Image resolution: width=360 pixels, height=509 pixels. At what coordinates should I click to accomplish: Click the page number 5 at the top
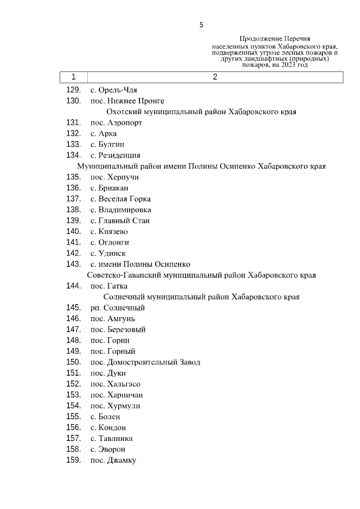pos(201,25)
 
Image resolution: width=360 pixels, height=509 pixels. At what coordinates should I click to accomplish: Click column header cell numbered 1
pos(74,77)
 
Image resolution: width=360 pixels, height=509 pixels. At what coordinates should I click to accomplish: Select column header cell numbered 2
pos(215,77)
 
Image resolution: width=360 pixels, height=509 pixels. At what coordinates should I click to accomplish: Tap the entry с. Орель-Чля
pos(114,90)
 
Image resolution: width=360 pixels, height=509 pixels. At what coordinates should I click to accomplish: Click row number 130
pos(74,101)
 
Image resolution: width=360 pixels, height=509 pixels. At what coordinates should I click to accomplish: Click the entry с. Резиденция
pos(115,155)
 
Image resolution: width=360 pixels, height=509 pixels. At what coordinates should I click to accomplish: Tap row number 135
pos(74,177)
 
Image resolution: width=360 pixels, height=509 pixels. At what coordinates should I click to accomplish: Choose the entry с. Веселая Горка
pos(120,199)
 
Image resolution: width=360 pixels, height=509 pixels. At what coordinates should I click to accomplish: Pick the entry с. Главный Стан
pos(120,220)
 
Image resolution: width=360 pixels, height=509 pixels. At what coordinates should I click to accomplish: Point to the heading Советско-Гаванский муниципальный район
pos(201,275)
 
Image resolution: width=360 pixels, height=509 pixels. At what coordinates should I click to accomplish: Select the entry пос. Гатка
pos(105,286)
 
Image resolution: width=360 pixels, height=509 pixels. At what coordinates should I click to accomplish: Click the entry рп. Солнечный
pos(117,308)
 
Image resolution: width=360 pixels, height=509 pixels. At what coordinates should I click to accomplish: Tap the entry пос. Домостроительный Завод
pos(145,362)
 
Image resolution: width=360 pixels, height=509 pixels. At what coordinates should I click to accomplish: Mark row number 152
pos(74,384)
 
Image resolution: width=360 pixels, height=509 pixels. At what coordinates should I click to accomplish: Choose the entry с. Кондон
pos(108,427)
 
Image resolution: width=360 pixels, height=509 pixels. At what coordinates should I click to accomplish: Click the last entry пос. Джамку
pos(113,460)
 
